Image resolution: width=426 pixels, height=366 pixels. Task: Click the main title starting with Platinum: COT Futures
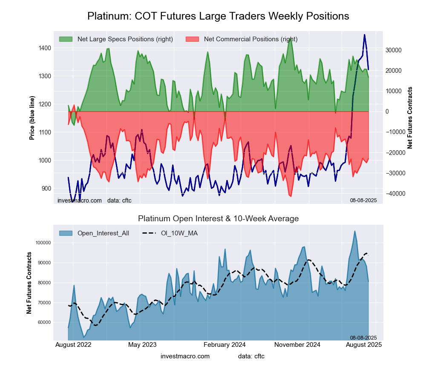(218, 16)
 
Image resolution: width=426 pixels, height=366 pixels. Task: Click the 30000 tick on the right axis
(394, 50)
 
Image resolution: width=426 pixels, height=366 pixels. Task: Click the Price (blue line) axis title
(32, 118)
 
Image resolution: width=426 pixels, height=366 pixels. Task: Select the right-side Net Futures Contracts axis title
(410, 118)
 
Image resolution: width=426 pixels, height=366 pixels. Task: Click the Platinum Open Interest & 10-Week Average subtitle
(218, 219)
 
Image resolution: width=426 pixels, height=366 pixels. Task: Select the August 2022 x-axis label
(73, 344)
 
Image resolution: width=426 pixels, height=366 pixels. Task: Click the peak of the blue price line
(364, 35)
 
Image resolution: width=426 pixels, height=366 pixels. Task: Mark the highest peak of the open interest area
(354, 231)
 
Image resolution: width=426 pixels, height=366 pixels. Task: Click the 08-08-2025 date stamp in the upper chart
(363, 200)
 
